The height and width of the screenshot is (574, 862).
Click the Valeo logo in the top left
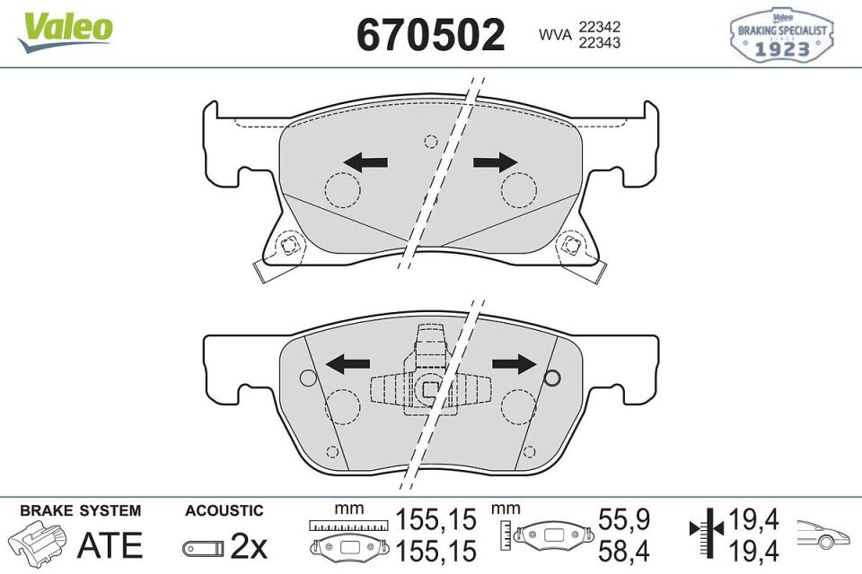click(66, 30)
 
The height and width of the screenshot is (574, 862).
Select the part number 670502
click(431, 36)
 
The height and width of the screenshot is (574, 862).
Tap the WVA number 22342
click(601, 28)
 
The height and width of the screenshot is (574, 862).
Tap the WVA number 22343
click(601, 43)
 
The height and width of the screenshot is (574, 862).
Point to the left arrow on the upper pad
click(366, 162)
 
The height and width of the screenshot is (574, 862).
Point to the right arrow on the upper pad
click(497, 161)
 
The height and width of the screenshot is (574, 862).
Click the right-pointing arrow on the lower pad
click(515, 363)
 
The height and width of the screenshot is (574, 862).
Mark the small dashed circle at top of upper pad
click(431, 140)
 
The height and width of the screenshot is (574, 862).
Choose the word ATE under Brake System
click(110, 544)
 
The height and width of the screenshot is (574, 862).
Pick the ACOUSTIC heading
click(224, 510)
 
